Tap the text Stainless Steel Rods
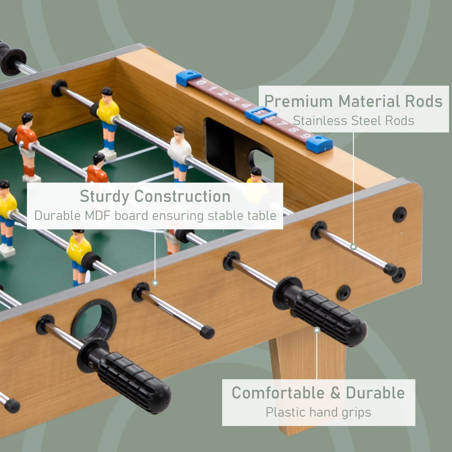coord(353,121)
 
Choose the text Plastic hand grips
coord(318,412)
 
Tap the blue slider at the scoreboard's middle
coord(260,114)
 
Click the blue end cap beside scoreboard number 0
coord(188,78)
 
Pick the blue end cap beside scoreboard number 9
coord(319,144)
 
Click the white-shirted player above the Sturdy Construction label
coord(179,153)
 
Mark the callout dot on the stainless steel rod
coord(353,246)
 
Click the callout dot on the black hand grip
coord(316,330)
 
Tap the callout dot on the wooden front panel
coord(155,282)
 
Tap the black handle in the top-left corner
coord(11,58)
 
